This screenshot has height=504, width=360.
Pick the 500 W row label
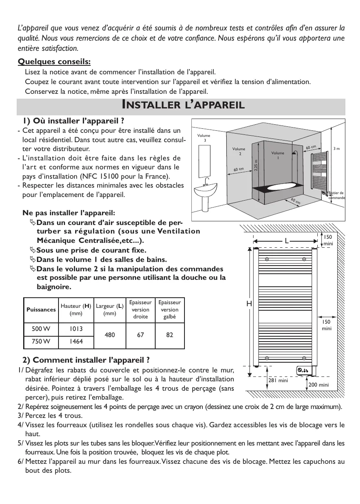(x=41, y=329)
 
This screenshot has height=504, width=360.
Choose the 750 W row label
(x=41, y=342)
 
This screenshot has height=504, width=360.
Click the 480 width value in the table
(x=109, y=335)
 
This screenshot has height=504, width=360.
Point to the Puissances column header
(x=41, y=309)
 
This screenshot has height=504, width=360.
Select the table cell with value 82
(x=170, y=335)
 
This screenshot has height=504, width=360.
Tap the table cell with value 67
(x=140, y=335)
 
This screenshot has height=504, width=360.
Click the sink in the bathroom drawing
(x=207, y=190)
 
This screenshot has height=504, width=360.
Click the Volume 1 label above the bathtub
(x=278, y=155)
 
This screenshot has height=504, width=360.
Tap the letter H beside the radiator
(x=249, y=304)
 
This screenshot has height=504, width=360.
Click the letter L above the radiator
(x=286, y=241)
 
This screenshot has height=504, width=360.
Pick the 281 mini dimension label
(x=278, y=381)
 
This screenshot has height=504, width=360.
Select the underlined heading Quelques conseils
(x=54, y=62)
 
